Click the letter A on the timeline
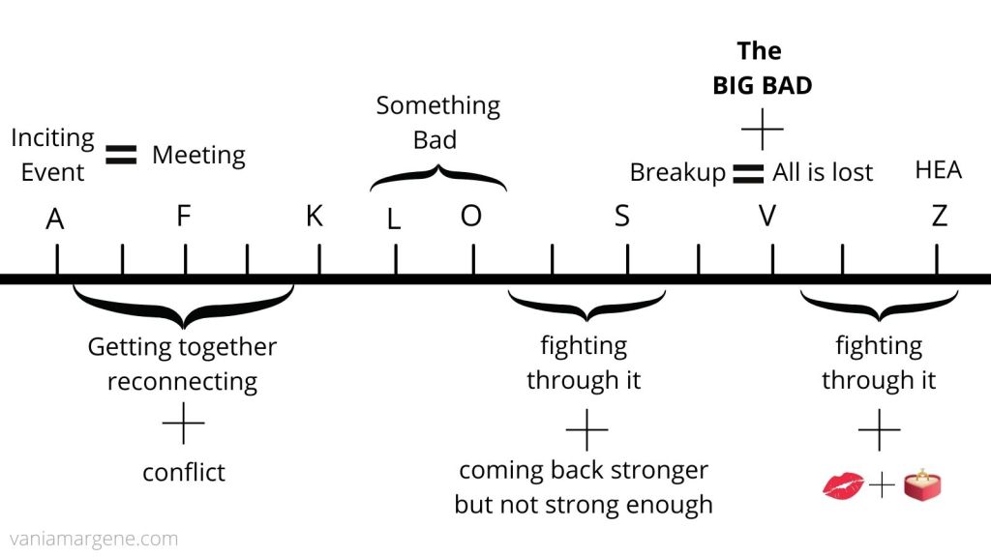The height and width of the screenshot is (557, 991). pos(55,220)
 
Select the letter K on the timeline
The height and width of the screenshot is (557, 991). pos(314,217)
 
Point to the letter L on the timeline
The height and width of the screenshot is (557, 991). pos(393,220)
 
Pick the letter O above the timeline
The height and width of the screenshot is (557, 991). pos(470,217)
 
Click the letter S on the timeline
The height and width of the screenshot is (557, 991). pos(622,217)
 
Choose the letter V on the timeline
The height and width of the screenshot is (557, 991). pos(767,217)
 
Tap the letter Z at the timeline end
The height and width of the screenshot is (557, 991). pos(939,217)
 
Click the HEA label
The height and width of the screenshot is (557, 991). pos(938,170)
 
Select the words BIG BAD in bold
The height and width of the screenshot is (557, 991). pos(762,85)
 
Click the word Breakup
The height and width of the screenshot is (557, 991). pos(677,173)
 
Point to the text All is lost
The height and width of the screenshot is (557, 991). pos(823,173)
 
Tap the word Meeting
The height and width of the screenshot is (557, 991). pos(198,155)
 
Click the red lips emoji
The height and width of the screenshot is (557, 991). pos(842,485)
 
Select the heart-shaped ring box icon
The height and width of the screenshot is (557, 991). pos(921,485)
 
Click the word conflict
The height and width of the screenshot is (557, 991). pos(184,472)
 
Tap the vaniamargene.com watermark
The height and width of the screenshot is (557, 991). pos(94,539)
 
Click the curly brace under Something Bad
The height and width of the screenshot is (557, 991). pos(437,177)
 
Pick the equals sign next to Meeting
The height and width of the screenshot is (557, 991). pos(122,155)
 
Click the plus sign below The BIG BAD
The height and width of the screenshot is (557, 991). pos(762,129)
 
